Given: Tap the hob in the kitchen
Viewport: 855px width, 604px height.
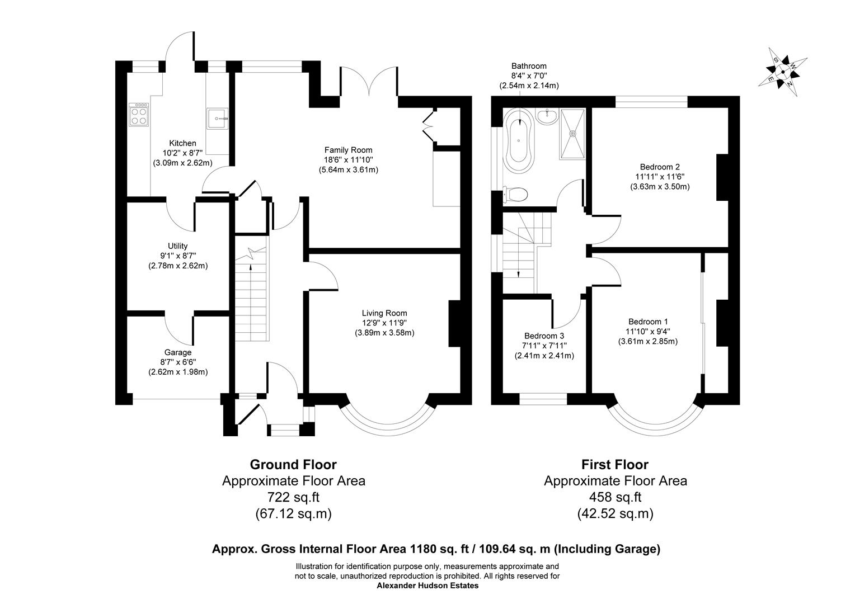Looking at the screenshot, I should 139,114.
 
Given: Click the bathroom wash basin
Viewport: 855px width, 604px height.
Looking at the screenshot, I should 546,116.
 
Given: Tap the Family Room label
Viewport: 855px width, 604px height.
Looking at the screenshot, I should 348,150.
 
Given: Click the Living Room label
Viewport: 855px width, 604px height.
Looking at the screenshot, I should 384,313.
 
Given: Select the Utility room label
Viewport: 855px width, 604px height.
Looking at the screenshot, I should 177,246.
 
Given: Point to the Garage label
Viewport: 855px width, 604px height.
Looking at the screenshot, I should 177,352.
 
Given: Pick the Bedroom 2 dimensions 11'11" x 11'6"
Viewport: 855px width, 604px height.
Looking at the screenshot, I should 660,177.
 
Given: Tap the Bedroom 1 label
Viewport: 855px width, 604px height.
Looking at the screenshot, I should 647,322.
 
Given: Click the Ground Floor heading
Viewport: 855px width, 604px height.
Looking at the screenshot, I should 293,464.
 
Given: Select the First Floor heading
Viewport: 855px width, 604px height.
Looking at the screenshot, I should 614,464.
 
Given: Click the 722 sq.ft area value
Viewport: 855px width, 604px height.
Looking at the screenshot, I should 293,497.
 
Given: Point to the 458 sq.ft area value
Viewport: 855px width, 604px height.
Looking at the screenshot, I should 615,497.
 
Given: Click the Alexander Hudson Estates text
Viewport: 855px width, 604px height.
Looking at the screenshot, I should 427,586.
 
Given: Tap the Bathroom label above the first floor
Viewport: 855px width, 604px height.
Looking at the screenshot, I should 529,66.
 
